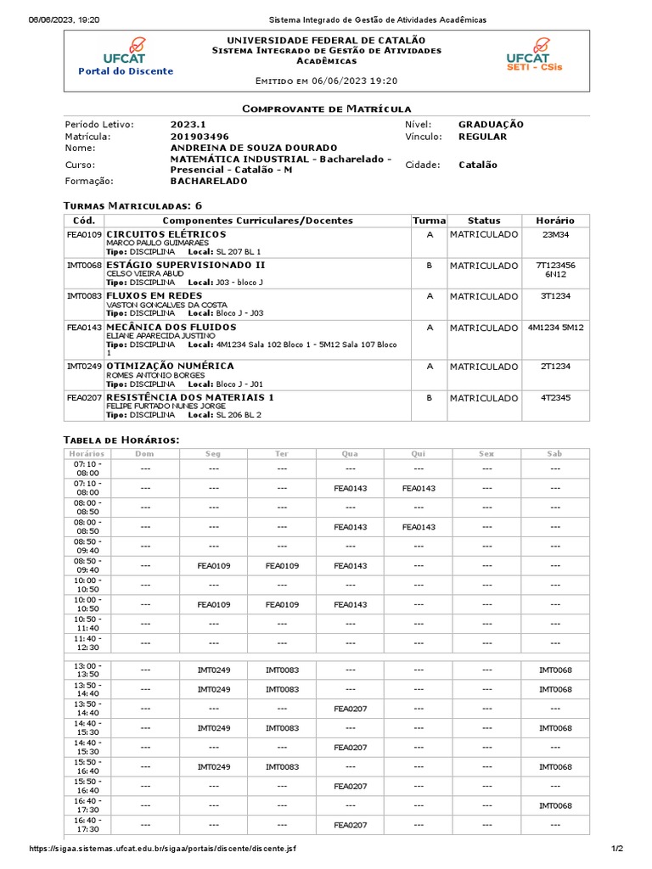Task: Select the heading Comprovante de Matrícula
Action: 326,109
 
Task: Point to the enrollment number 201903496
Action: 200,137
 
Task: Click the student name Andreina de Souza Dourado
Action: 254,148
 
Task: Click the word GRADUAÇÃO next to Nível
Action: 491,125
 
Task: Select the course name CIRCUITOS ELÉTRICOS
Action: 166,234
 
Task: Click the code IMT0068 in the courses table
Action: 84,266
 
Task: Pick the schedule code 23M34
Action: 555,234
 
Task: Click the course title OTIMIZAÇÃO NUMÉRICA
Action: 170,366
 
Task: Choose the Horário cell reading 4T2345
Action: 555,397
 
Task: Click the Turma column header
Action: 429,221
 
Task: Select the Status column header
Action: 484,221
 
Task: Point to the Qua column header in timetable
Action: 350,454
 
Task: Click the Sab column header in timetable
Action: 554,454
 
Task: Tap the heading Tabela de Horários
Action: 121,440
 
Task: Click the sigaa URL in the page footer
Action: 163,849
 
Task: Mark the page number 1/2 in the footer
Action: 616,849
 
